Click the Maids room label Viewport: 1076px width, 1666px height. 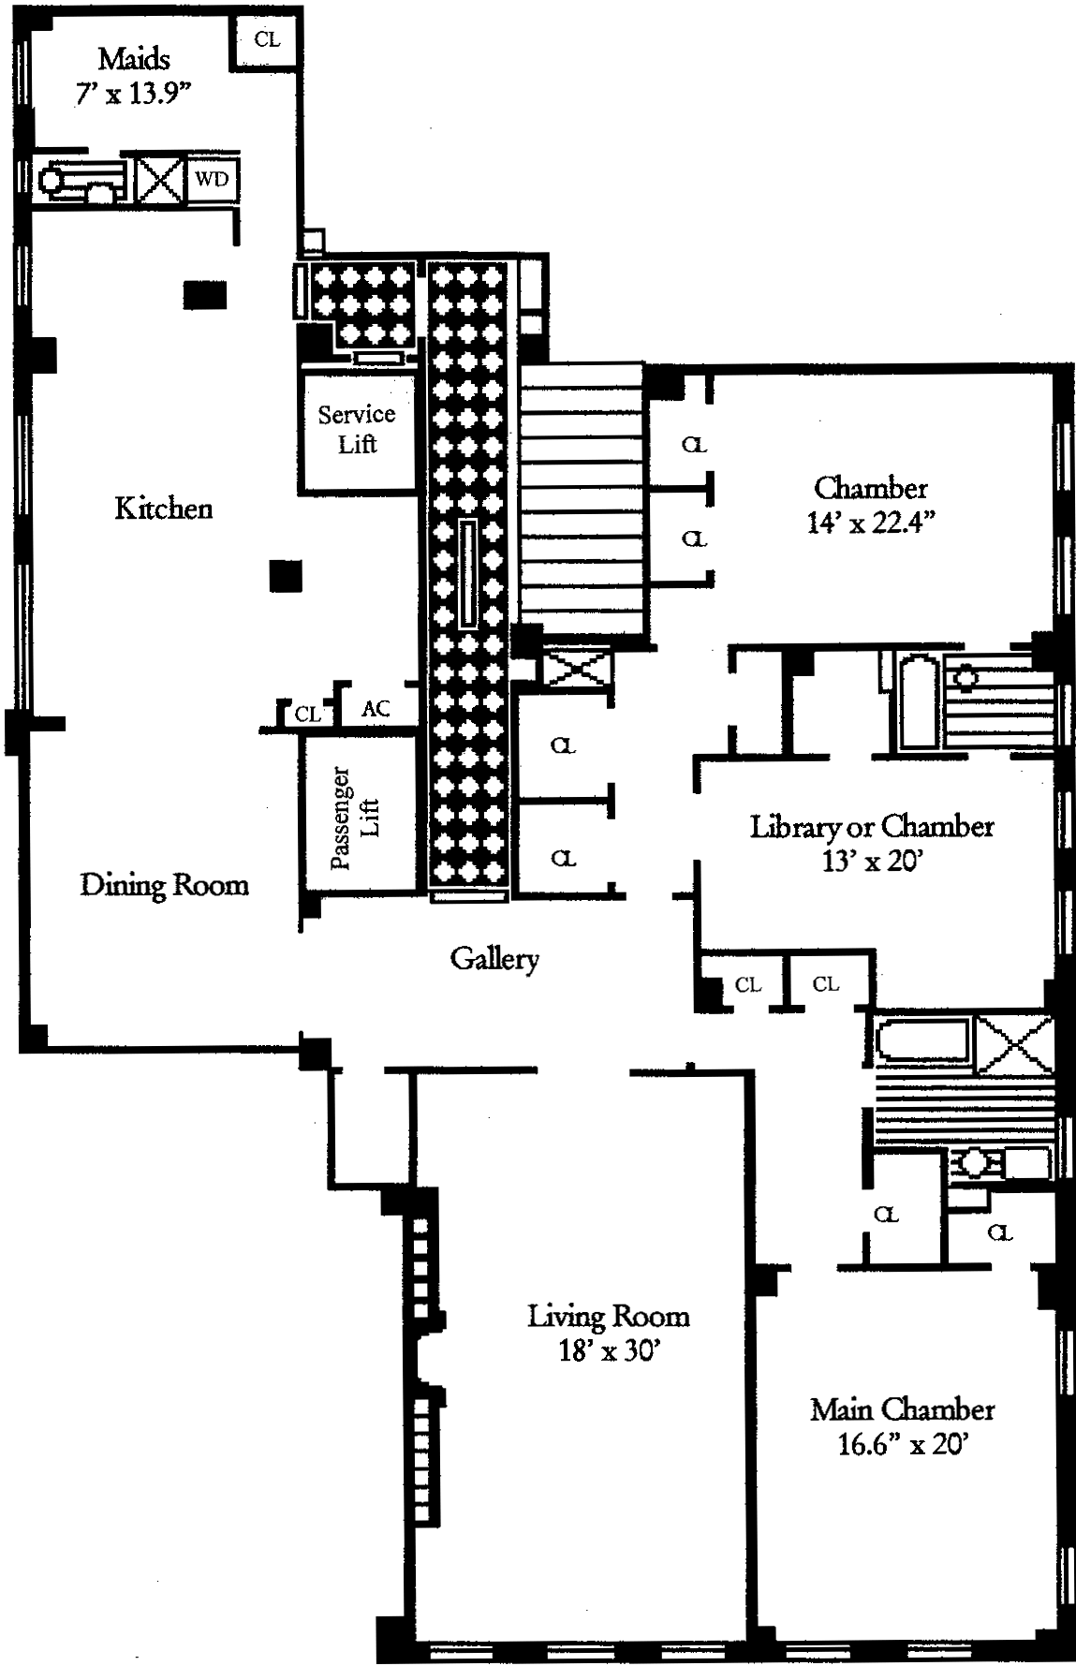(134, 60)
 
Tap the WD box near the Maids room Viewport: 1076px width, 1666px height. (211, 178)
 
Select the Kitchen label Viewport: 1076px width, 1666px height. (164, 509)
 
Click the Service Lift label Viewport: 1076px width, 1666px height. (357, 429)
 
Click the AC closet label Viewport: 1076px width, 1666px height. (376, 709)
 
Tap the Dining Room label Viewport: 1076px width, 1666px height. (164, 885)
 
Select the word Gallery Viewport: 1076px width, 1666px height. (494, 958)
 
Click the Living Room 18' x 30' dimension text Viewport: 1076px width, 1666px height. (610, 1351)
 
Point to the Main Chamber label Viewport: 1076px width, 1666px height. (902, 1408)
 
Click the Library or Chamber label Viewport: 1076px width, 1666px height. (871, 826)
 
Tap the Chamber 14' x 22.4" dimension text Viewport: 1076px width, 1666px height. (870, 523)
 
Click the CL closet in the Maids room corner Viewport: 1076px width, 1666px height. (267, 40)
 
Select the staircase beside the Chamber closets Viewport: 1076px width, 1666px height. (581, 502)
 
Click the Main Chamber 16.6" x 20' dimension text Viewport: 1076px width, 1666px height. (902, 1444)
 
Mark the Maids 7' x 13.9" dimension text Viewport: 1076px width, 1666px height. (134, 95)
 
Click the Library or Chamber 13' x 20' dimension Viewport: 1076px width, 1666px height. (871, 861)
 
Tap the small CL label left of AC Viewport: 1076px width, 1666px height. (307, 715)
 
